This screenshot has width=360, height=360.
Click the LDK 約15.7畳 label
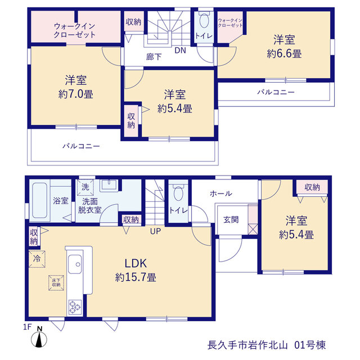(136, 270)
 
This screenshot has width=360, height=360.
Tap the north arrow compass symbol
(39, 337)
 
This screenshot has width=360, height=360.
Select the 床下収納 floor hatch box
(56, 283)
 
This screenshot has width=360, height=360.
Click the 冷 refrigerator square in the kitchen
(37, 259)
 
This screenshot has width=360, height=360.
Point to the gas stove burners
(75, 307)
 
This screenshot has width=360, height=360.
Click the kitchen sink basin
(75, 264)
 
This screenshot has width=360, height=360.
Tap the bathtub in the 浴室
(40, 200)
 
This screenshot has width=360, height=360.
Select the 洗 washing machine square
(85, 187)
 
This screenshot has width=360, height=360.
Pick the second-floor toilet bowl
(204, 20)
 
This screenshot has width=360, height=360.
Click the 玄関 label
(231, 220)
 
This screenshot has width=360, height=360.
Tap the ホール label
(221, 193)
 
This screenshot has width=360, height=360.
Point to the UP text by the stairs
(155, 231)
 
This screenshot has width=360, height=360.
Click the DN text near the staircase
(180, 50)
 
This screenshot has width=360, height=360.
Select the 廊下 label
(154, 57)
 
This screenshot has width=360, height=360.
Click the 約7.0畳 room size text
(76, 94)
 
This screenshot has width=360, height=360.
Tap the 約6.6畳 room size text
(284, 54)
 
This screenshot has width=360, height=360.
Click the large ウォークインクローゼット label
(74, 30)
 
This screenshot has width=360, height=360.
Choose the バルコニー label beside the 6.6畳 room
(276, 92)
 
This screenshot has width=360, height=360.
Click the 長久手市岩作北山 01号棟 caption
(267, 345)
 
